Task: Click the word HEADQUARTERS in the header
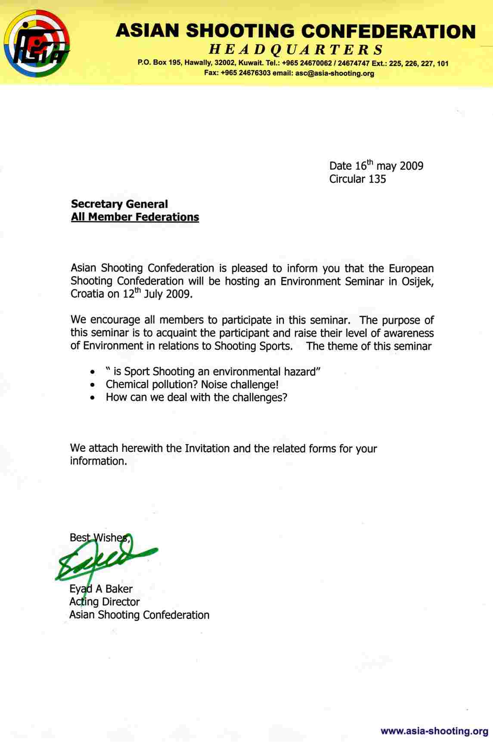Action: click(x=296, y=50)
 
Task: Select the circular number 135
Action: click(x=377, y=179)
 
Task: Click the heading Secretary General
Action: click(x=119, y=204)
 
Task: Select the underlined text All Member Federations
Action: click(x=135, y=217)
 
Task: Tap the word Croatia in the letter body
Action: click(x=87, y=295)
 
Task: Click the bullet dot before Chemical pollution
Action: click(x=93, y=385)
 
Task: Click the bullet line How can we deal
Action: click(x=196, y=397)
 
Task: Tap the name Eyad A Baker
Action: click(x=101, y=589)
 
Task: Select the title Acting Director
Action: click(x=104, y=602)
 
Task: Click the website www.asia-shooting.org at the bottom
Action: click(x=434, y=730)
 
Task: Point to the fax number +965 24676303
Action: click(x=245, y=73)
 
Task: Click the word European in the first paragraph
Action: click(x=411, y=268)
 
